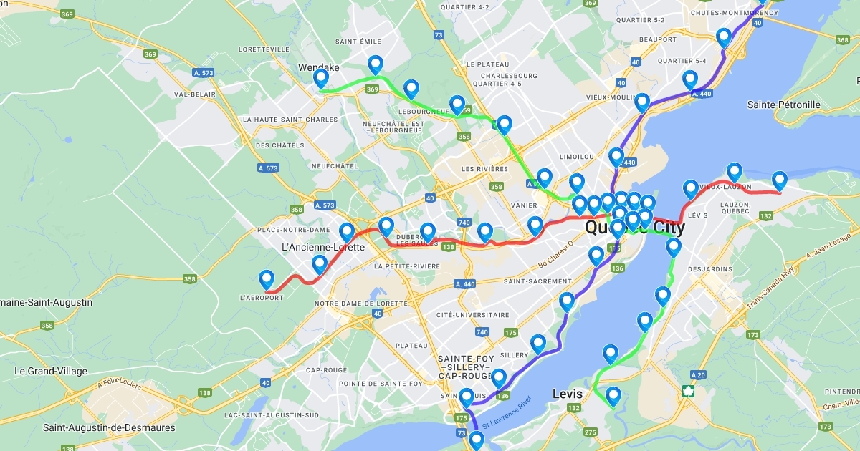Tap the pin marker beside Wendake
(321, 79)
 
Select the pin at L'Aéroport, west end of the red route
(267, 280)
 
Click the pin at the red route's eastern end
(780, 181)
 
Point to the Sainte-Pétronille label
(783, 105)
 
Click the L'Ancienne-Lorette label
(323, 247)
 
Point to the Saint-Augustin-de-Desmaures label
(109, 427)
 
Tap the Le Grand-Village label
(51, 371)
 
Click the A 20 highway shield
(698, 374)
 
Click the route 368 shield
(843, 39)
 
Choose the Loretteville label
(268, 51)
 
